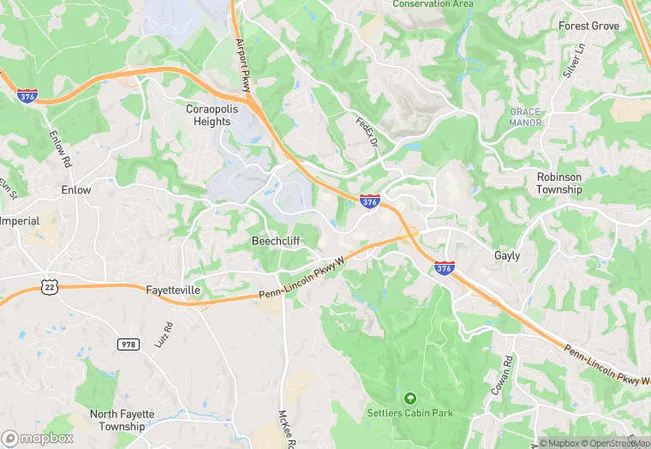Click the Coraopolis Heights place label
208,115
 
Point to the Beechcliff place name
276,241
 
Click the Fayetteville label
173,290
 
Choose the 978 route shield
128,343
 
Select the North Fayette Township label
122,420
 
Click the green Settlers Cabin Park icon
410,398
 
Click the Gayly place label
507,255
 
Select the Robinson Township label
559,183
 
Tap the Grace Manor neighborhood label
526,117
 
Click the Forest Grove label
588,26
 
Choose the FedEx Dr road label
367,131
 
